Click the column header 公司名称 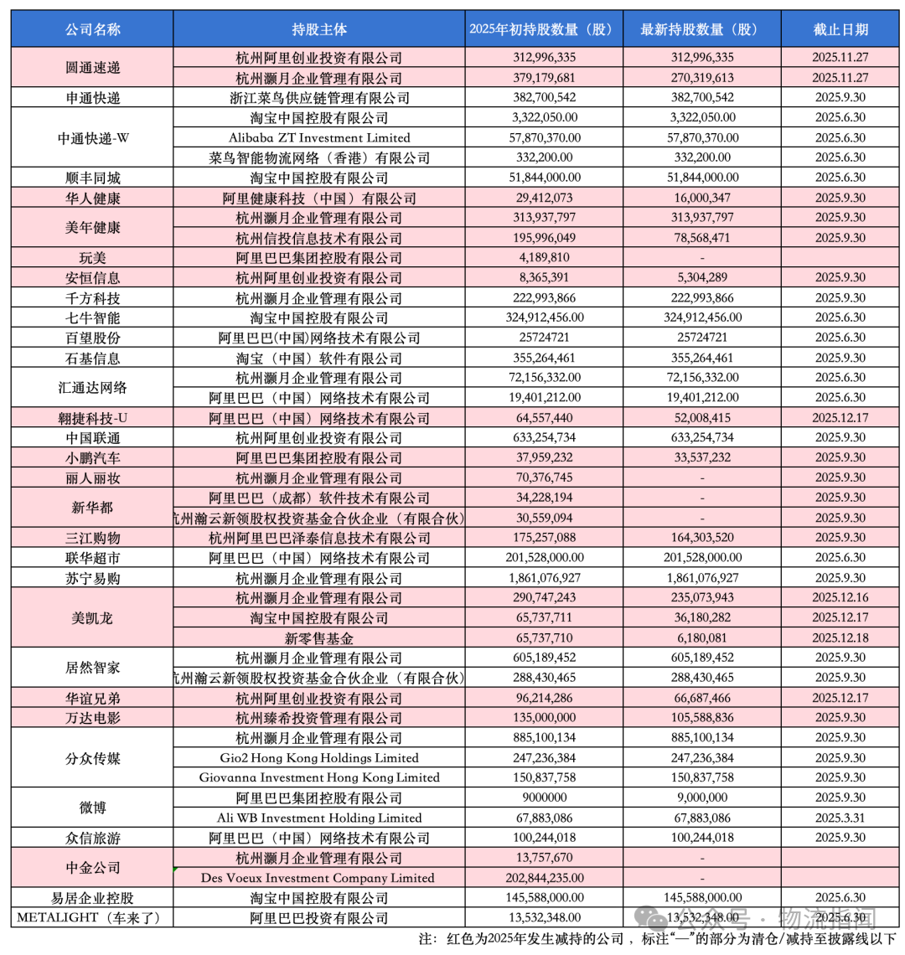pyautogui.click(x=92, y=29)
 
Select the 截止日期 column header pyautogui.click(x=840, y=29)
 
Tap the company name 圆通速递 pyautogui.click(x=92, y=68)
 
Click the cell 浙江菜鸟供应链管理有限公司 pyautogui.click(x=318, y=98)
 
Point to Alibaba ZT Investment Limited pyautogui.click(x=318, y=137)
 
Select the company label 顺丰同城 pyautogui.click(x=92, y=178)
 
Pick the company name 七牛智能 pyautogui.click(x=92, y=317)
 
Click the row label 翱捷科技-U pyautogui.click(x=92, y=418)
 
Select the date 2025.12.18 pyautogui.click(x=840, y=638)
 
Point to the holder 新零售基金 pyautogui.click(x=318, y=638)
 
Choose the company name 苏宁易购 pyautogui.click(x=92, y=578)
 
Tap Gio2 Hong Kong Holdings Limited pyautogui.click(x=318, y=758)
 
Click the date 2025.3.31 pyautogui.click(x=840, y=818)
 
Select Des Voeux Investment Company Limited pyautogui.click(x=318, y=878)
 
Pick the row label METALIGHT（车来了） pyautogui.click(x=92, y=918)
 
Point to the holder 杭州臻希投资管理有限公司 pyautogui.click(x=318, y=718)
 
